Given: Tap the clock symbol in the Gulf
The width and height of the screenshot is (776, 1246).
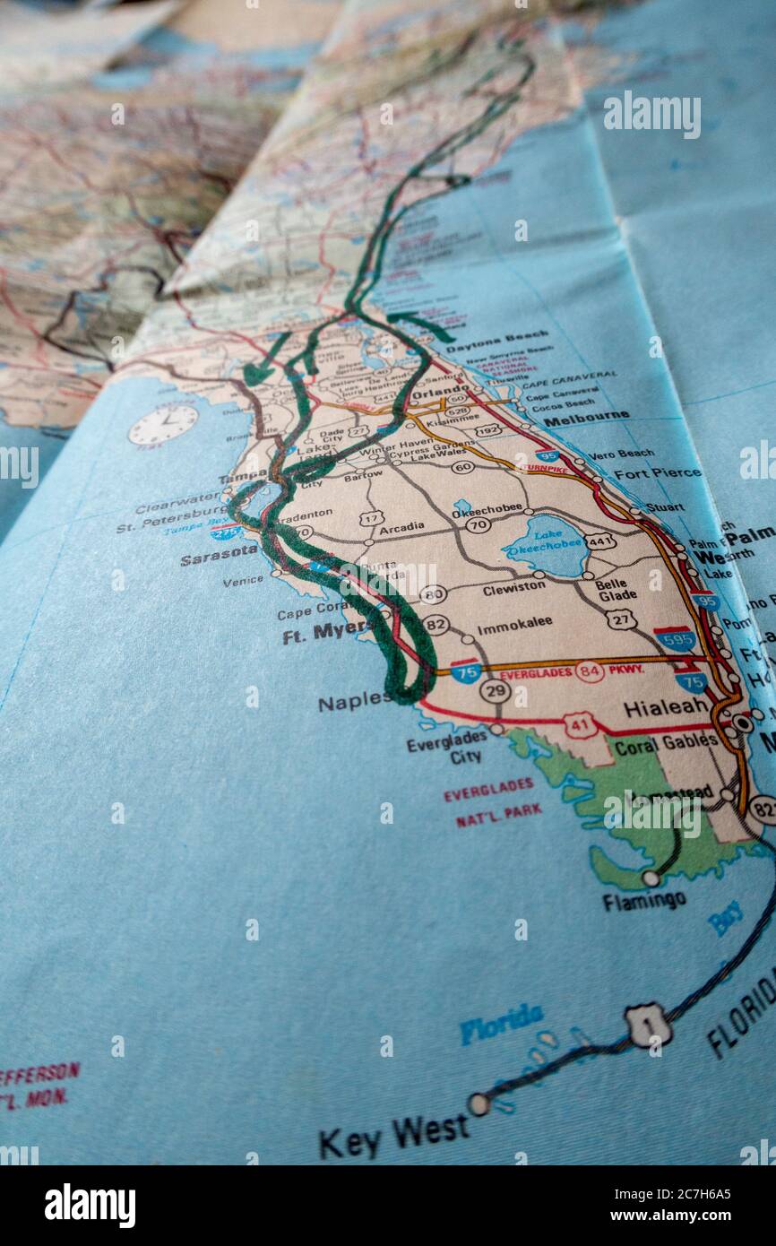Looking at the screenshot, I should (163, 424).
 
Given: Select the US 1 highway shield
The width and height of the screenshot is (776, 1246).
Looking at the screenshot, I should (648, 1025).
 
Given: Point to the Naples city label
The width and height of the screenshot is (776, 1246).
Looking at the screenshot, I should (353, 701).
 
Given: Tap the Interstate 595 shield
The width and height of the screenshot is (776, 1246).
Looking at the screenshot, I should (675, 638).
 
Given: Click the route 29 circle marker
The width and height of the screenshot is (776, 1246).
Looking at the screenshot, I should (495, 690).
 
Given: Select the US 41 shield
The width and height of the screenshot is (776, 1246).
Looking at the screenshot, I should (581, 724).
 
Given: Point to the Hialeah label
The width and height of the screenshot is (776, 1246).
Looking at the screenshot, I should (666, 707).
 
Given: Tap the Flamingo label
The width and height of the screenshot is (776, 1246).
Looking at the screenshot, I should (643, 900).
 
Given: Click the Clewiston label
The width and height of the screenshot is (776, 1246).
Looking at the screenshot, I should (513, 588).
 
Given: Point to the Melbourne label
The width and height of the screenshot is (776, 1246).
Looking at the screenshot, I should (586, 418).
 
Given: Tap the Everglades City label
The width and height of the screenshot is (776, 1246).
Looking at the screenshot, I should (446, 750).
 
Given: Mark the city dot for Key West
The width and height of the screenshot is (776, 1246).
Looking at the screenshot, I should (479, 1103).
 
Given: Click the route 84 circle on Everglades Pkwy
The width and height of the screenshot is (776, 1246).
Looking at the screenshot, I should (589, 671).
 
